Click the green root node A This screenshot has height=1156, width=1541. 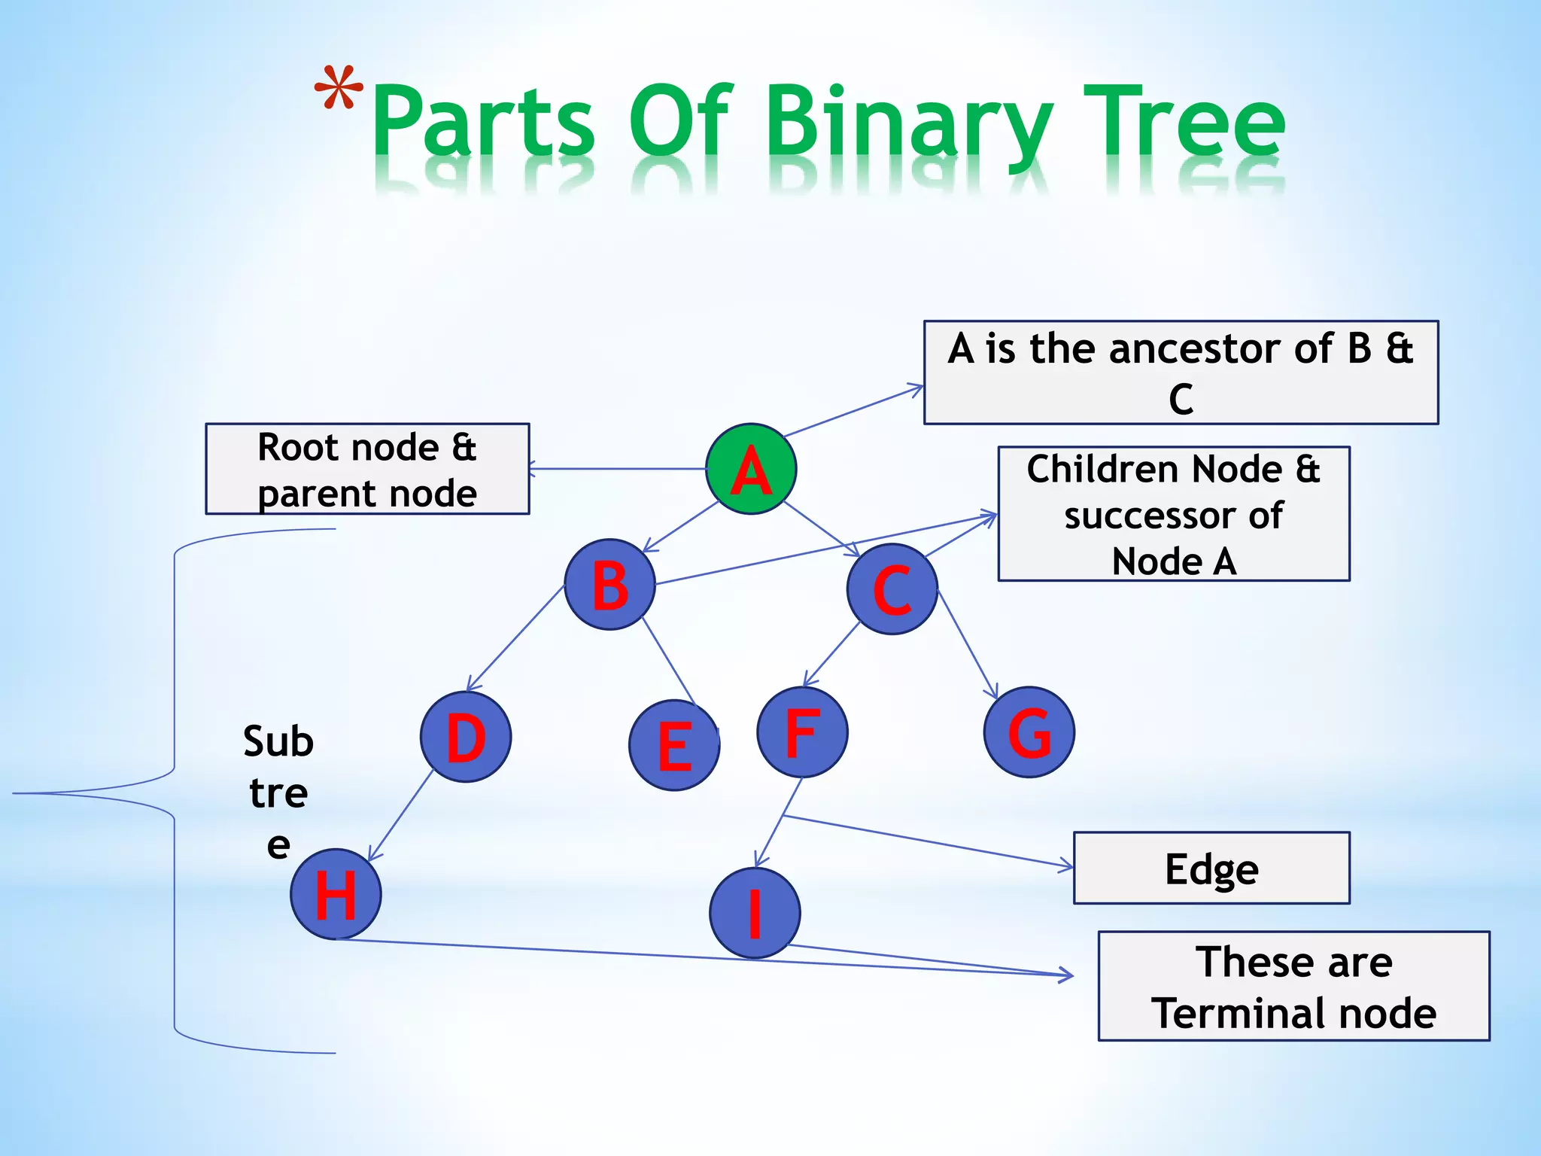pos(751,469)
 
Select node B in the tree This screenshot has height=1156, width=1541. pos(609,585)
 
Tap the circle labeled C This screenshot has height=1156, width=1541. pos(892,589)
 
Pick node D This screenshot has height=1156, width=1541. pos(466,738)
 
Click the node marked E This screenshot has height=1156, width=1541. pos(674,745)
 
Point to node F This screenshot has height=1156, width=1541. pos(802,732)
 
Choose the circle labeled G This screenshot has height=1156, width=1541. pos(1029,732)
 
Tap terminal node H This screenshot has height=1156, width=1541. pos(336,894)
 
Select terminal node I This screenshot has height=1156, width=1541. pos(755,913)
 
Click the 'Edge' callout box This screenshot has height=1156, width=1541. pos(1211,868)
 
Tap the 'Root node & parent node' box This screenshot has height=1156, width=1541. pos(367,469)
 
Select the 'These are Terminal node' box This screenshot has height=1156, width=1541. pos(1293,986)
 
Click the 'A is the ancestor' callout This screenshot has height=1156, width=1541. pos(1181,373)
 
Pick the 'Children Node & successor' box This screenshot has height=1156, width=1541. pos(1174,514)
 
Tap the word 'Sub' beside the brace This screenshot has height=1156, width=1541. pos(278,741)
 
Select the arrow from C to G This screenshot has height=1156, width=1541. pos(968,644)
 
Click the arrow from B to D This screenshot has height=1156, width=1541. pos(515,638)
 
